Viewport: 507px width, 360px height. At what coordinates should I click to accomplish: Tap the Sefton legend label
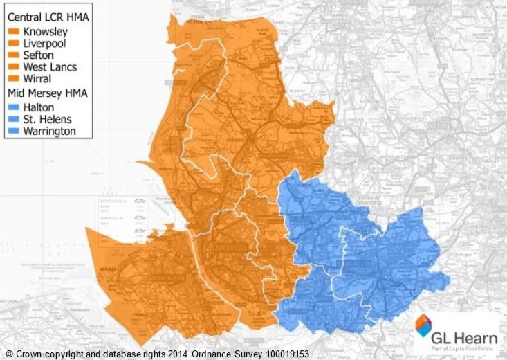[x=40, y=56]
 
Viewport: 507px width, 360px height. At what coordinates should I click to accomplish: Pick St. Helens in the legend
[x=48, y=118]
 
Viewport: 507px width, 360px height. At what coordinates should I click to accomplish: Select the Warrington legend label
[x=50, y=131]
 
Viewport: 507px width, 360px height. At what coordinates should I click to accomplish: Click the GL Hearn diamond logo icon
[x=423, y=325]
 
